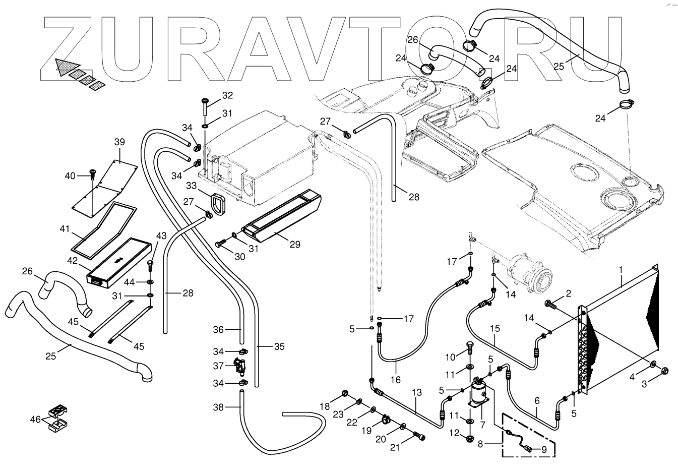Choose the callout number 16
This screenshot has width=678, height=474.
coord(396,379)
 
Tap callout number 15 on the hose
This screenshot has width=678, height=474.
coord(495,328)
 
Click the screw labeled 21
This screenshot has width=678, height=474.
coord(419,435)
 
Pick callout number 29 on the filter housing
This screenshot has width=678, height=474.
coord(295,245)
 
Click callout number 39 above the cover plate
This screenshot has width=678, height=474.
coord(119,142)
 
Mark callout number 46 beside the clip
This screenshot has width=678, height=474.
coord(35,419)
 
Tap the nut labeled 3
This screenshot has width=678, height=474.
coord(663,371)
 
